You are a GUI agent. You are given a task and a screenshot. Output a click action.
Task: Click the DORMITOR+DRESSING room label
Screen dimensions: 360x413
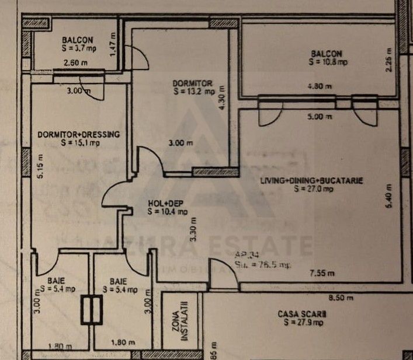78,134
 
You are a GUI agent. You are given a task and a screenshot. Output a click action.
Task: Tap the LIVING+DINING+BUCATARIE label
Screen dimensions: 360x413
312,181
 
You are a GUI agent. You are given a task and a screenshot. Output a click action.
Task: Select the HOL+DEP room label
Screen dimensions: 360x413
159,204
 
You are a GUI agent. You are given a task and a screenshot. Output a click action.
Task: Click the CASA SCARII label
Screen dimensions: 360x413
302,314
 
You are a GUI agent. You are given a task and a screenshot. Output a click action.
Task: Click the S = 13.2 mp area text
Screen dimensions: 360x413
193,91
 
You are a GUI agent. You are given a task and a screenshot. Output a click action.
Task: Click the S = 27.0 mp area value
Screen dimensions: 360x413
313,188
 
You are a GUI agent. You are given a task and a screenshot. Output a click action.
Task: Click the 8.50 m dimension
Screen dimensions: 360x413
342,298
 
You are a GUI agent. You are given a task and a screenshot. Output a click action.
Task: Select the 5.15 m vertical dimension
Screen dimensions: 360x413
40,169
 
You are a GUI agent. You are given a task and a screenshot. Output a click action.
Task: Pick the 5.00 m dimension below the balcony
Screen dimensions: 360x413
321,116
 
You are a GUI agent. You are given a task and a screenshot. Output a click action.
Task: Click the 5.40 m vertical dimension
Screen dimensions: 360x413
389,202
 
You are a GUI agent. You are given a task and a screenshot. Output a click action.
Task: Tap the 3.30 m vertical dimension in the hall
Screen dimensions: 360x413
193,229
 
